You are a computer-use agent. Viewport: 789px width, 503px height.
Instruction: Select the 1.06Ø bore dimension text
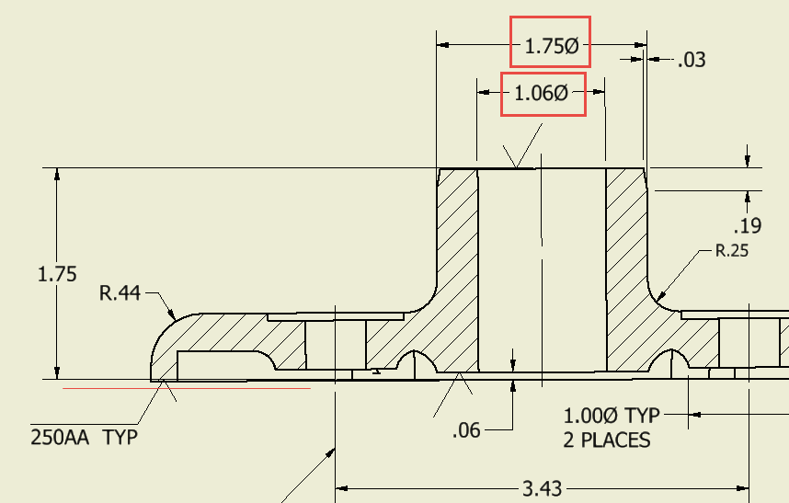542,93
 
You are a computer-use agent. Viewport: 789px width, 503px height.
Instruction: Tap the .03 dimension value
691,61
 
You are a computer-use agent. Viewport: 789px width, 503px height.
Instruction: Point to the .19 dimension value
746,226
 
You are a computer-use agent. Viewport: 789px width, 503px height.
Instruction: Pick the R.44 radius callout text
120,293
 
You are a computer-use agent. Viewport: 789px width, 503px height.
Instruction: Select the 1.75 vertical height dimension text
57,274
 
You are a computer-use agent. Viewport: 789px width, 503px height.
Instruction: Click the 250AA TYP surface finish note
85,437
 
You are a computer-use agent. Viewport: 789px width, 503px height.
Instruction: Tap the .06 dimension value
466,429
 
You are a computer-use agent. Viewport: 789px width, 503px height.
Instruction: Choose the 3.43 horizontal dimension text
543,488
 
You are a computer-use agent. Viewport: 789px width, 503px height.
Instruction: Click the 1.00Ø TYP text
611,416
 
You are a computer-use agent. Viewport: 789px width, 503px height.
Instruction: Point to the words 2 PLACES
606,440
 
